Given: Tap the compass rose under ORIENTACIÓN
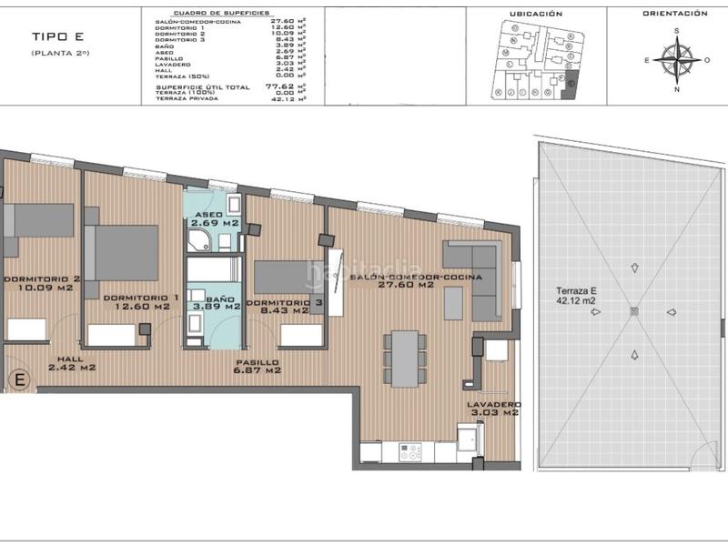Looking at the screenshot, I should [x=675, y=60].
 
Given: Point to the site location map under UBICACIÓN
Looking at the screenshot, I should [x=535, y=61].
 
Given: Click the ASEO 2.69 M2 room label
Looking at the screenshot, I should [x=214, y=220].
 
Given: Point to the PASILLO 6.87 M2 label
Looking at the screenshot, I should [x=255, y=368].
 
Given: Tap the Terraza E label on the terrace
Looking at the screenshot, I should [x=576, y=296].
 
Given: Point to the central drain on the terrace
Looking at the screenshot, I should [x=634, y=311].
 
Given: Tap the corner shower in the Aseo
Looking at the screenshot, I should [x=199, y=239].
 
